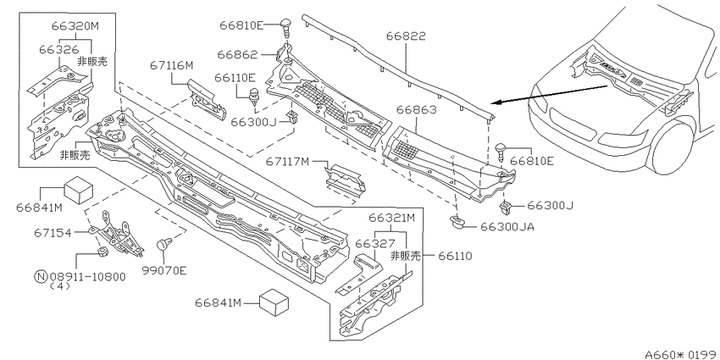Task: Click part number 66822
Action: [406, 36]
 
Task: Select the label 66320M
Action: [75, 25]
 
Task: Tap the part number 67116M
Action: [171, 66]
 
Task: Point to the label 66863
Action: [417, 110]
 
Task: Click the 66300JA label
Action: [507, 226]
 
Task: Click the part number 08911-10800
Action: [86, 276]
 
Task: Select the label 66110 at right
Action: [455, 256]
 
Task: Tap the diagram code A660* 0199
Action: [683, 354]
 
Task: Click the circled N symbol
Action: [41, 276]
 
